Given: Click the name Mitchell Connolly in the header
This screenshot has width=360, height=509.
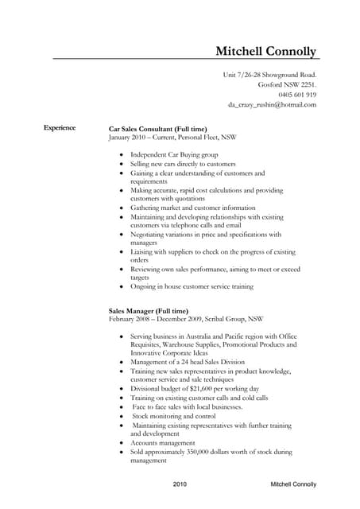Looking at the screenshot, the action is click(266, 52).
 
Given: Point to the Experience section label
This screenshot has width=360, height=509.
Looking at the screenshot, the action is click(60, 127).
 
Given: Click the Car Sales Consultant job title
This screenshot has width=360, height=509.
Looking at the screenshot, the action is click(157, 128).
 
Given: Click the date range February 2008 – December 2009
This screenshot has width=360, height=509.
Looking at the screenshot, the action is click(155, 319).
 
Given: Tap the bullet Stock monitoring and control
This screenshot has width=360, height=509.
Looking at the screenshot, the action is click(174, 416).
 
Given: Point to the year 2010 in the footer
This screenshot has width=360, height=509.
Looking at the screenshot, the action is click(180, 484).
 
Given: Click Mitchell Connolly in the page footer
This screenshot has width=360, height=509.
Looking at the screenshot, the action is click(293, 484).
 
